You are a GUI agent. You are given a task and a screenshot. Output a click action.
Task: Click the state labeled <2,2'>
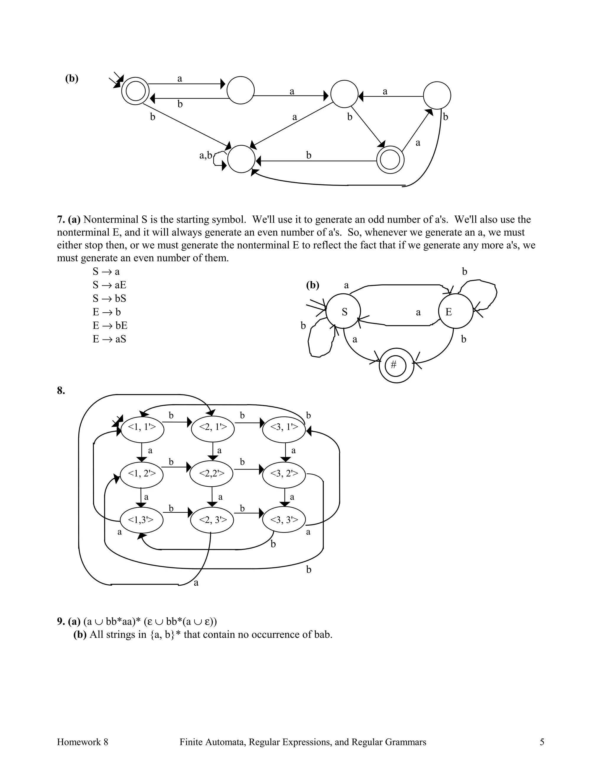212,474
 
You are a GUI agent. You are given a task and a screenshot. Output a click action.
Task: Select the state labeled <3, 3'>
284,519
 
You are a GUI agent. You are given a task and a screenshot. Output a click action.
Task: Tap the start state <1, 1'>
142,427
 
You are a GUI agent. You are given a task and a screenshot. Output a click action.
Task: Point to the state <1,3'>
141,519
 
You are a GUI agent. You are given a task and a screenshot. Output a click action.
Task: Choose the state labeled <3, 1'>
284,427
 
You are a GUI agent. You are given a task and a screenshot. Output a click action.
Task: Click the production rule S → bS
109,298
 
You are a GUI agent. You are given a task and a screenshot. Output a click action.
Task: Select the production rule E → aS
109,339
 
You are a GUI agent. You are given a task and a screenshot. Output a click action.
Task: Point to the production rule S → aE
109,285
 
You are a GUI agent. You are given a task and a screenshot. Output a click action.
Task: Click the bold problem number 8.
61,390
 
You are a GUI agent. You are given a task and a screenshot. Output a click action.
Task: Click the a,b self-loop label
206,155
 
